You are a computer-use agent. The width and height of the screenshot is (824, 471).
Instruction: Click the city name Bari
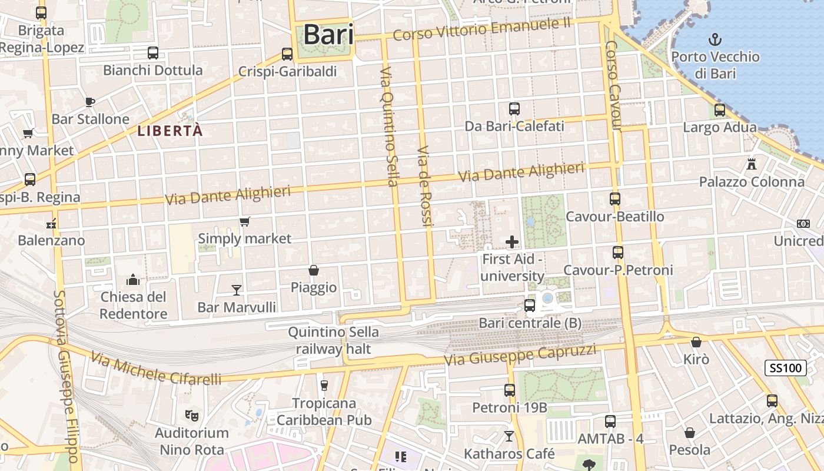click(x=328, y=35)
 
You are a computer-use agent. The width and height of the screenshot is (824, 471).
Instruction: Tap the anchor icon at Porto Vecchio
click(x=715, y=40)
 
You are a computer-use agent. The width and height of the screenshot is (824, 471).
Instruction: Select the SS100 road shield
click(x=786, y=369)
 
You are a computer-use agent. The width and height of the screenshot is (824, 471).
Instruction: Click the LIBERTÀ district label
click(x=170, y=131)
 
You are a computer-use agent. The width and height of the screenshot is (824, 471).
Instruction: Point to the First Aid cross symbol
click(x=512, y=241)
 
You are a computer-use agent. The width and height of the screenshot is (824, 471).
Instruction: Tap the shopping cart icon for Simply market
click(x=245, y=222)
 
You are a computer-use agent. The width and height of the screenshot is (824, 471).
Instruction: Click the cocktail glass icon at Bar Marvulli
click(x=237, y=290)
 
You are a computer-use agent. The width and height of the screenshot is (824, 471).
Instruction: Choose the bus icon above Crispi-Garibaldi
click(x=287, y=54)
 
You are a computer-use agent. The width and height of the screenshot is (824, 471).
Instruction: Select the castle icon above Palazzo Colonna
click(x=752, y=164)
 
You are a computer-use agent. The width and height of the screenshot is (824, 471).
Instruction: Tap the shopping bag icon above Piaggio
click(x=314, y=270)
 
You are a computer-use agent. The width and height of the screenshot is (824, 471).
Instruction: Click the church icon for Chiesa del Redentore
click(x=133, y=279)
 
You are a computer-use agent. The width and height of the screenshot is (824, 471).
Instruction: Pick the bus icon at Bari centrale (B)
click(x=530, y=306)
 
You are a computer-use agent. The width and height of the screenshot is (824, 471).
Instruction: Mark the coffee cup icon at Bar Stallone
click(x=90, y=102)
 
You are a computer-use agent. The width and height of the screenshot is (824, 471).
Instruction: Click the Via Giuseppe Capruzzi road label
click(x=520, y=355)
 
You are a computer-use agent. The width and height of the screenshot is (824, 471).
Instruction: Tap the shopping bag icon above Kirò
click(x=696, y=342)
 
